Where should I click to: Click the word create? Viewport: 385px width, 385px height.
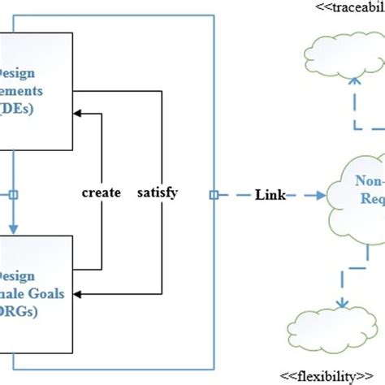point(102,193)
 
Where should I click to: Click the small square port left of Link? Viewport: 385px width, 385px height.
point(213,195)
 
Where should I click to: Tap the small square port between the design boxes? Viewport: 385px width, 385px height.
point(12,195)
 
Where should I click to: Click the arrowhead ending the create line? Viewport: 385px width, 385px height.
point(100,115)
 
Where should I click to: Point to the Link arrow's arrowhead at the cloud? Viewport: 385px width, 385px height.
point(321,195)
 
